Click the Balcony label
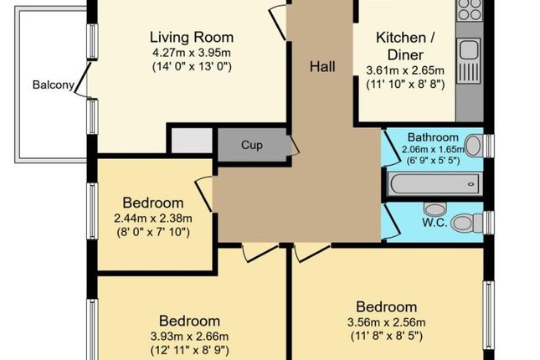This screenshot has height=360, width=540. (x=54, y=85)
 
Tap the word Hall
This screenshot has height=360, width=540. (x=322, y=66)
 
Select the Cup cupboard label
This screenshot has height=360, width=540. (x=252, y=145)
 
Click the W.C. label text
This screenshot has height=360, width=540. (x=435, y=223)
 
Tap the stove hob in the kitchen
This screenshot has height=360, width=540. (x=470, y=9)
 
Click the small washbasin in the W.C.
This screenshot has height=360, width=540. (x=435, y=208)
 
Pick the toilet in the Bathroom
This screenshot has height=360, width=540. (x=474, y=146)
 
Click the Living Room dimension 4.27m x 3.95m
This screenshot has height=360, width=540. (x=192, y=53)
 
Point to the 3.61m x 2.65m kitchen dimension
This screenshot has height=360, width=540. (x=405, y=70)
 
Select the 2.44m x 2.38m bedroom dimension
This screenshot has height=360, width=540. (x=153, y=219)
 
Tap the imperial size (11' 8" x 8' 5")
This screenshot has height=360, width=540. (x=387, y=336)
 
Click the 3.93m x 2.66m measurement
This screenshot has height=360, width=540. (x=189, y=337)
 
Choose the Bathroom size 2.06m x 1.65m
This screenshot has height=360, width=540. (x=433, y=150)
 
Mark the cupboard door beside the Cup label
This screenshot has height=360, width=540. (x=294, y=146)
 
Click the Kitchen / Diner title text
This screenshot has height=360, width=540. (x=405, y=46)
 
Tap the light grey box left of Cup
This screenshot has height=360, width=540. (x=192, y=140)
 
